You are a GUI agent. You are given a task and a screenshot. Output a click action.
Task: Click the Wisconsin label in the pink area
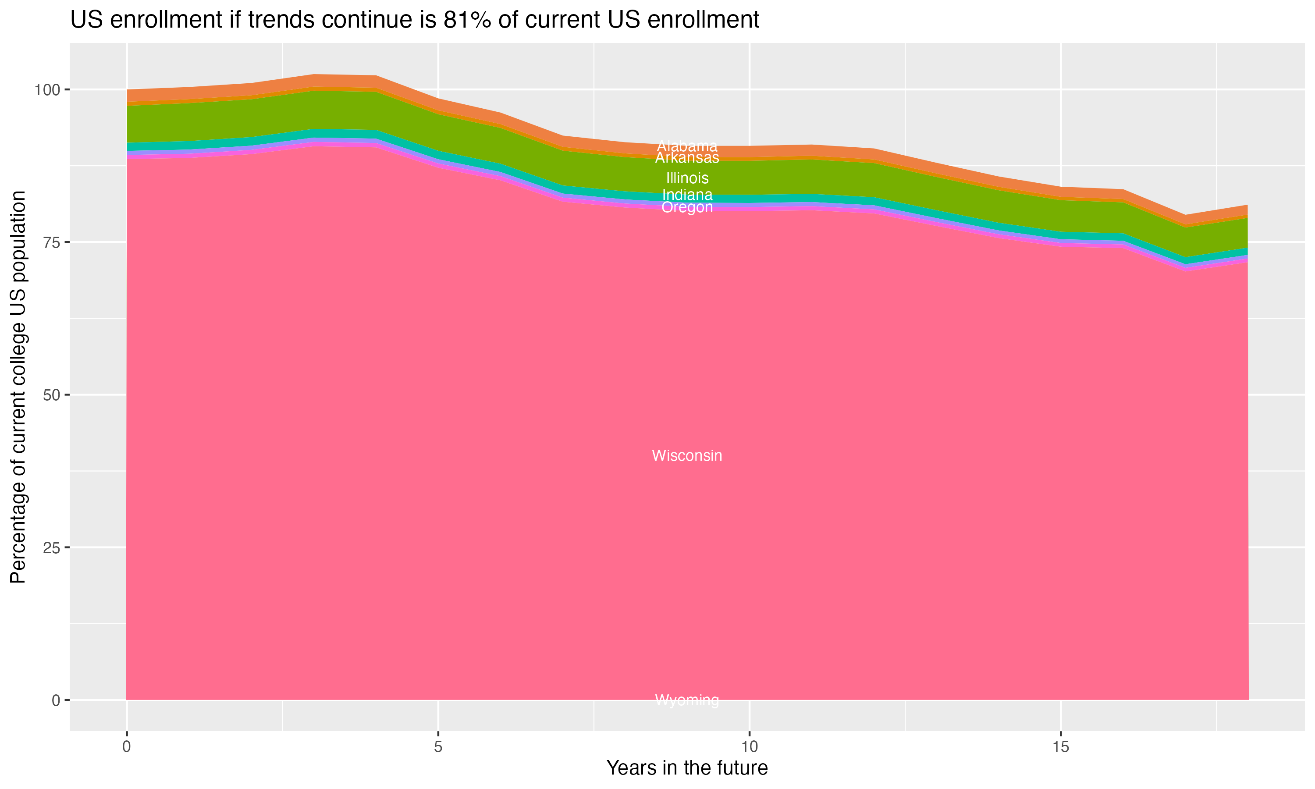[x=687, y=455]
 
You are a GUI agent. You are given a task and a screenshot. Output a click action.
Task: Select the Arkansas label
[x=687, y=158]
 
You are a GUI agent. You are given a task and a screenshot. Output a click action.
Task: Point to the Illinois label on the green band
[x=687, y=178]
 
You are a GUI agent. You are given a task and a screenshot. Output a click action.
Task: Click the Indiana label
[x=687, y=195]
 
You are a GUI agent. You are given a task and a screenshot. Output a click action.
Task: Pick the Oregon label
[x=687, y=207]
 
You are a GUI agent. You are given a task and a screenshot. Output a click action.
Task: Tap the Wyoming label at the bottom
[x=687, y=700]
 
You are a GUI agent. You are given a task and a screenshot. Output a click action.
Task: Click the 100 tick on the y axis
[x=48, y=90]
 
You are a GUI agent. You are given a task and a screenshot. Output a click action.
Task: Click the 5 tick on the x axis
[x=438, y=747]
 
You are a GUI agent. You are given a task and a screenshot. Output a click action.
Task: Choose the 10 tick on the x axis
[x=750, y=747]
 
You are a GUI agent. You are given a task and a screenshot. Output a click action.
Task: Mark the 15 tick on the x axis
[x=1061, y=747]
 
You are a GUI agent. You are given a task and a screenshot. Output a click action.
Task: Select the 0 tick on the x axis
[x=127, y=747]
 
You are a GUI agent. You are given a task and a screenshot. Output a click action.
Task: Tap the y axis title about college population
[x=18, y=387]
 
